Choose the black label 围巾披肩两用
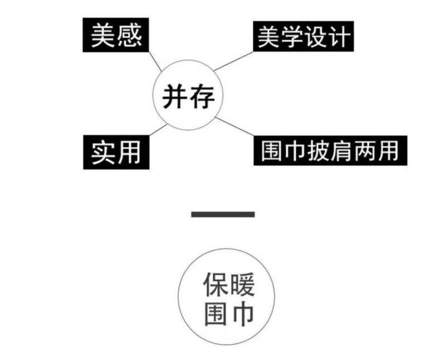[330, 150]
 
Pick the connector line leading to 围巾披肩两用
[234, 128]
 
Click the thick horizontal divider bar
[223, 214]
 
